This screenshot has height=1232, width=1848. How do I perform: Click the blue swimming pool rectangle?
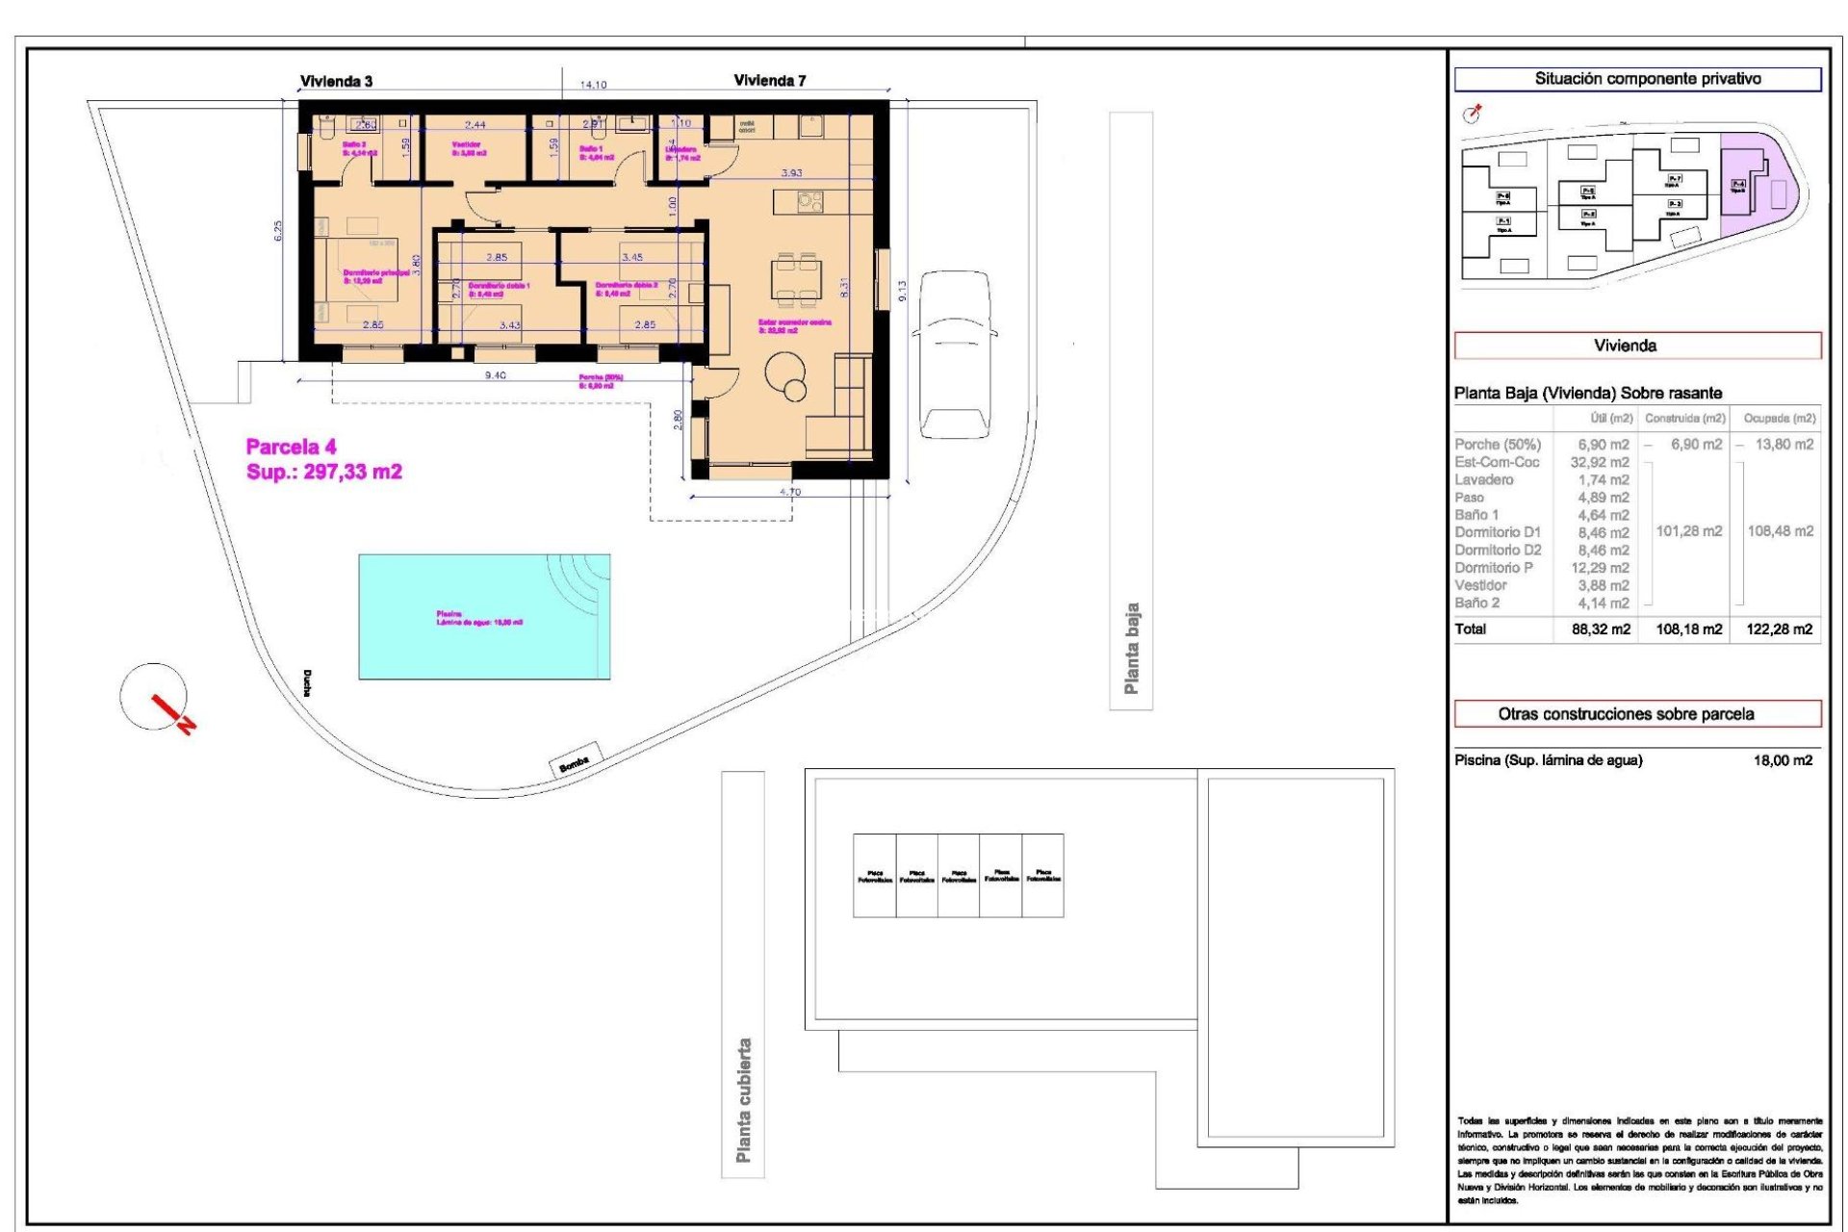[484, 616]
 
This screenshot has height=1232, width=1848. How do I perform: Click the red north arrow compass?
[156, 698]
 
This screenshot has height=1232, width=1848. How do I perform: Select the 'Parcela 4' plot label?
[291, 447]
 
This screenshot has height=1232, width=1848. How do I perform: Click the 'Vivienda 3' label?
[336, 82]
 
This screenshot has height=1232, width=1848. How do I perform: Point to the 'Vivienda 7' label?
[769, 81]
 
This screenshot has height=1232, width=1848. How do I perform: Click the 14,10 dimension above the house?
[593, 85]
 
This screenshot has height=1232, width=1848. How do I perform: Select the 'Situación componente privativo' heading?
[1647, 79]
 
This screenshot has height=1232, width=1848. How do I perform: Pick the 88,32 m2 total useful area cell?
[1601, 629]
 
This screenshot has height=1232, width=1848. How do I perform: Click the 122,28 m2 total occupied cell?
[1779, 629]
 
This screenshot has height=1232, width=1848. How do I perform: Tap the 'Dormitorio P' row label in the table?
[1493, 568]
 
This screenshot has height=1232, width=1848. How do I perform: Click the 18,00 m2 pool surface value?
[1783, 760]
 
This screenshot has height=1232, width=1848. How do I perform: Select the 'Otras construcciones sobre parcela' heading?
[1625, 714]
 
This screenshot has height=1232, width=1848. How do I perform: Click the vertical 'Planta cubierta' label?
[743, 1099]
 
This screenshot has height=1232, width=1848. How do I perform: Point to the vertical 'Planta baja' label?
[1132, 649]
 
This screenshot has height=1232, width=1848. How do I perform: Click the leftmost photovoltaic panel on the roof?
[874, 876]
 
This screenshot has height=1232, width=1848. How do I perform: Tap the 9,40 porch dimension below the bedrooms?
[495, 375]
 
